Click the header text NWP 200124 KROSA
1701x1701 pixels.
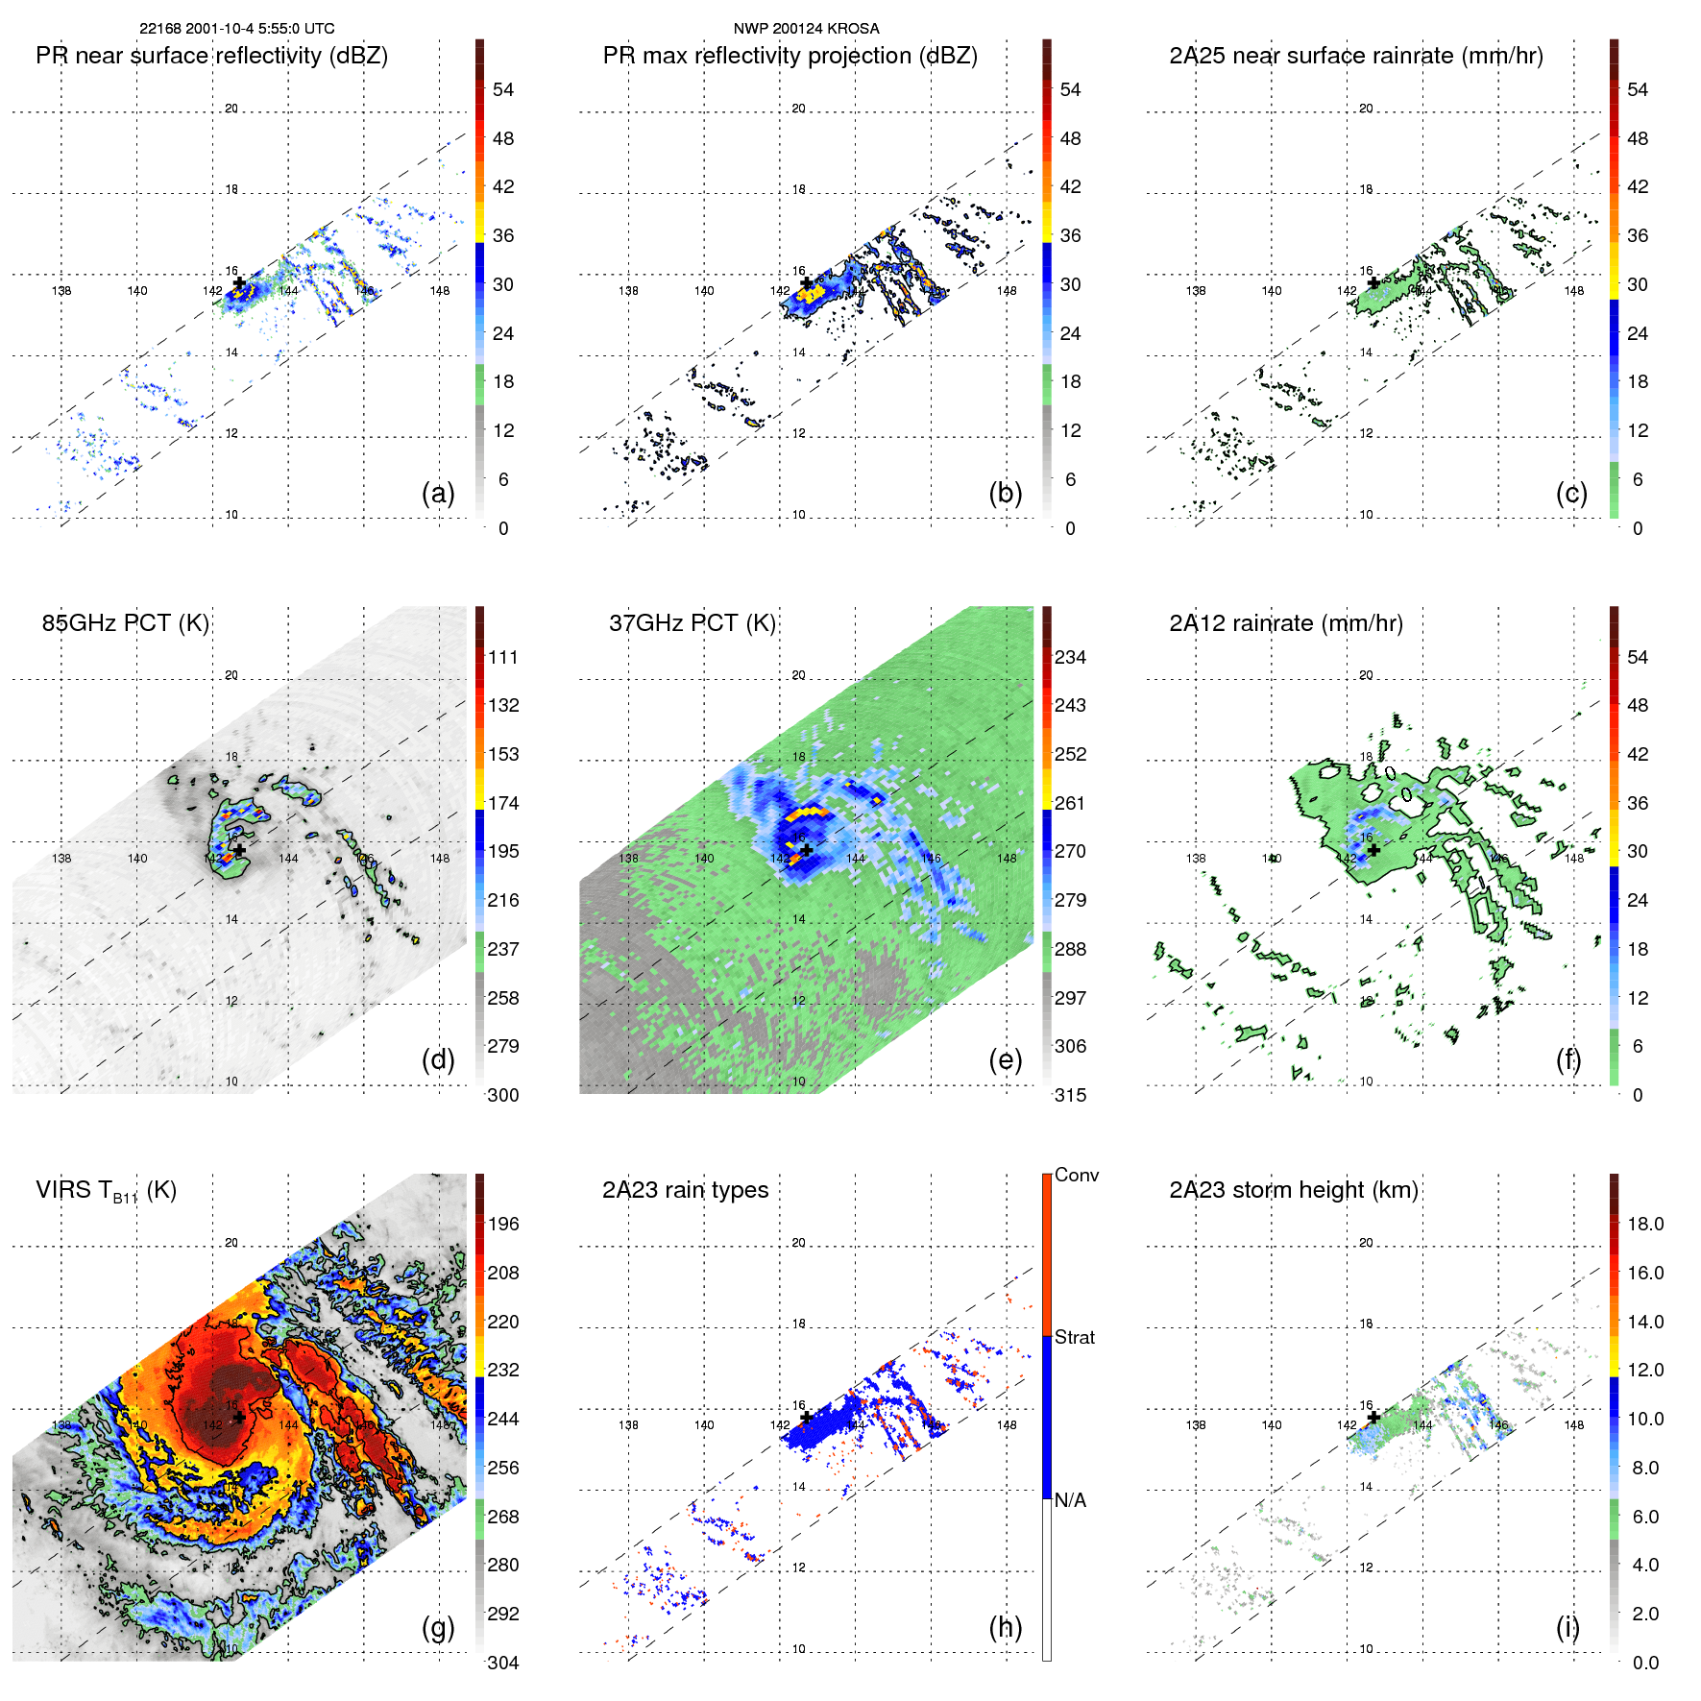806,29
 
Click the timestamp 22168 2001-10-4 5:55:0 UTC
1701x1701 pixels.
237,29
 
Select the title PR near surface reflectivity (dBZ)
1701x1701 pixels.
211,56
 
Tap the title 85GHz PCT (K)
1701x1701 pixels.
125,623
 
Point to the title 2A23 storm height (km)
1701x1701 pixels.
1294,1190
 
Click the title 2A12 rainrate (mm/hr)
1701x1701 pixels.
1286,623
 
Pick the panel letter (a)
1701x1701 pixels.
438,493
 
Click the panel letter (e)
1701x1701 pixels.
1006,1059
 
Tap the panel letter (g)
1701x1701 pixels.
438,1627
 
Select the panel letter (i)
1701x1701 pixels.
1567,1627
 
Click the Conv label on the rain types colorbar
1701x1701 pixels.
1077,1175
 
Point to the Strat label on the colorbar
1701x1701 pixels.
1075,1337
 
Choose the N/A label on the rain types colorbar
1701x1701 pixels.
1071,1500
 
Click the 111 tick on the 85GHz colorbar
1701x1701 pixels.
503,657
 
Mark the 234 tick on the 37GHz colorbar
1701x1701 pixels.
1070,657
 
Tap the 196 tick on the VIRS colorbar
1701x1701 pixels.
503,1224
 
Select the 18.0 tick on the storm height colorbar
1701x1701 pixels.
1645,1224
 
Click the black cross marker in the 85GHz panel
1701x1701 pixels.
239,850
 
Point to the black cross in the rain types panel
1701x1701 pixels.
807,1417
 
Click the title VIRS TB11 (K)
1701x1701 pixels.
106,1191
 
